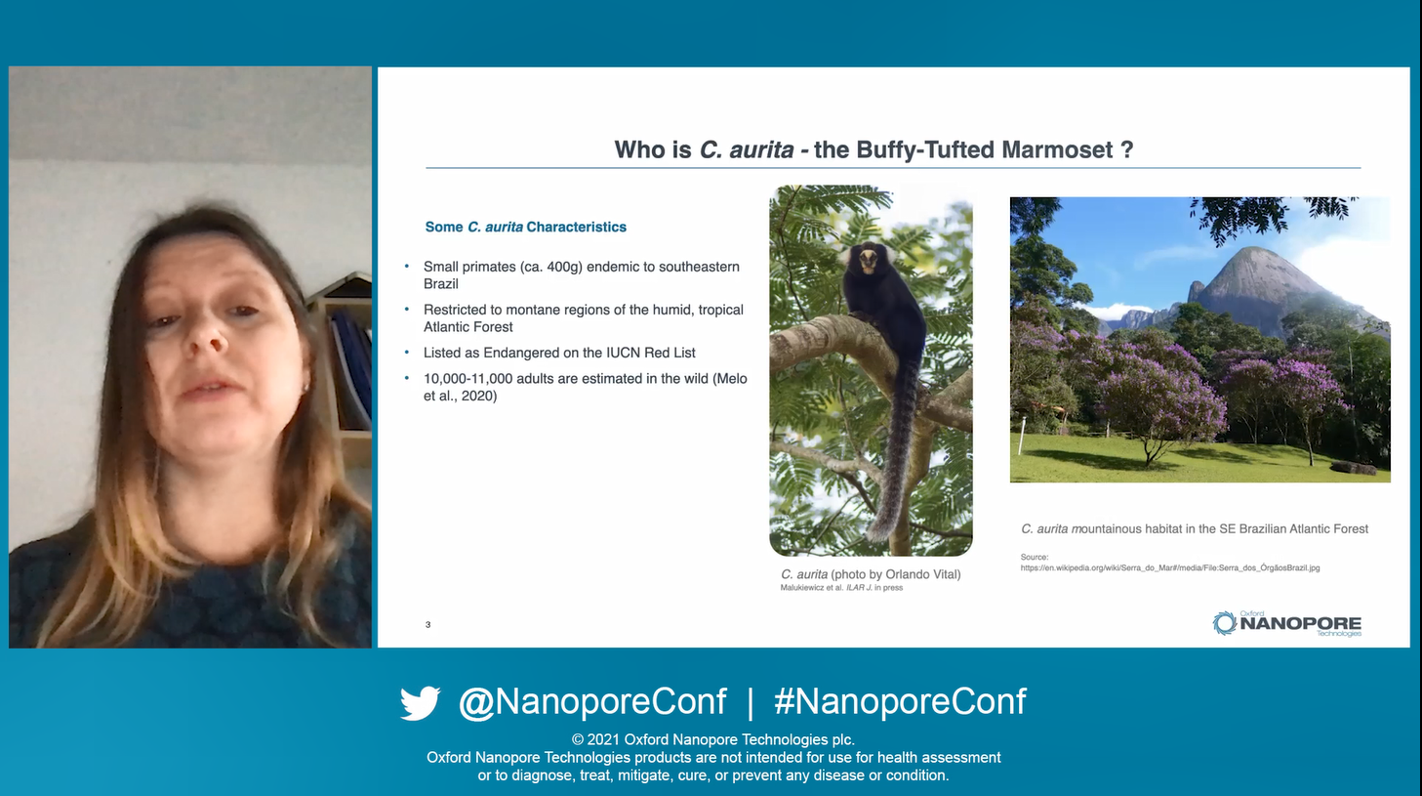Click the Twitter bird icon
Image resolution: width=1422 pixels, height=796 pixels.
[x=421, y=702]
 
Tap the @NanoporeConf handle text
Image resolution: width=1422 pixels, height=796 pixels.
[x=592, y=702]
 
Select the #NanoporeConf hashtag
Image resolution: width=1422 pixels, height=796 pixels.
[x=900, y=701]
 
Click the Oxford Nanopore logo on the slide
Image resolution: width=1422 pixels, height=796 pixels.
[x=1286, y=623]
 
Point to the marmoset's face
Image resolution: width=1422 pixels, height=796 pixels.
[x=868, y=261]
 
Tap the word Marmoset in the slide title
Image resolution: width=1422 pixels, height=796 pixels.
[x=1057, y=150]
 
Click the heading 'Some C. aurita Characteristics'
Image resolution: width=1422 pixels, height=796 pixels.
[x=526, y=227]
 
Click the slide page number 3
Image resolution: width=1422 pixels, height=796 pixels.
[x=427, y=624]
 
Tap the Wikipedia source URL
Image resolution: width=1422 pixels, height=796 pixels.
[x=1170, y=567]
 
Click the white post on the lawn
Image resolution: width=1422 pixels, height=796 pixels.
[x=1022, y=436]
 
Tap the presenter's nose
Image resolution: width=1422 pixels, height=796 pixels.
[x=210, y=337]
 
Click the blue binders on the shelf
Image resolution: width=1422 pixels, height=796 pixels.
[x=352, y=362]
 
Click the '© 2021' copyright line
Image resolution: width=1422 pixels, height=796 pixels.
[x=712, y=739]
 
